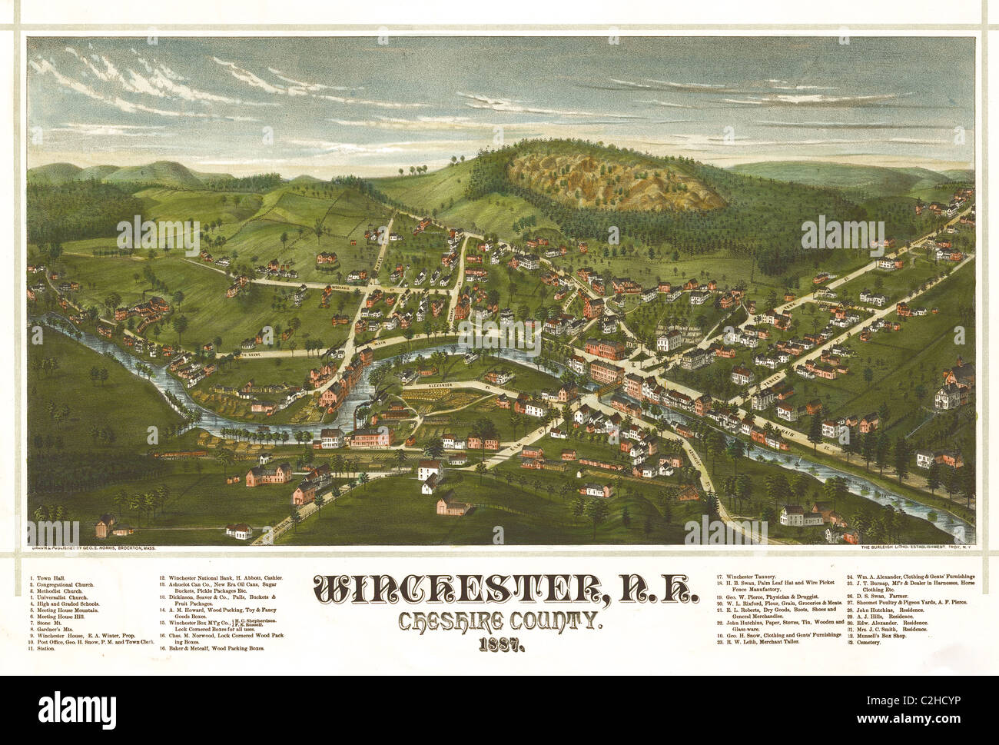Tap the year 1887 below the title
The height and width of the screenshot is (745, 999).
coord(505,644)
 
